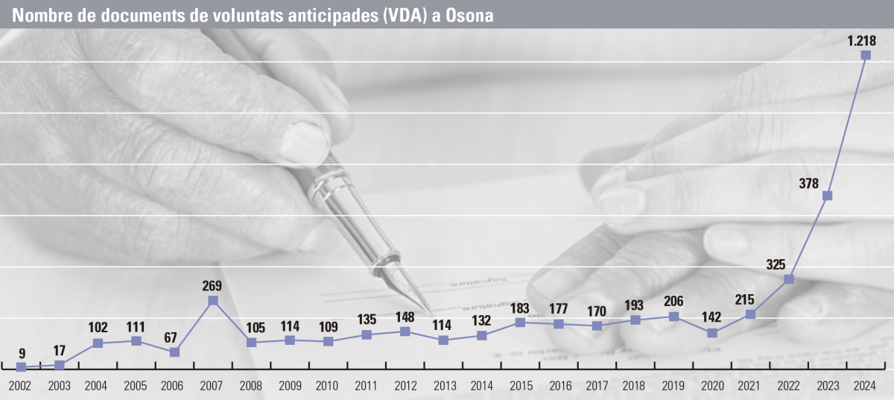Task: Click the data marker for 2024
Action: coord(866,55)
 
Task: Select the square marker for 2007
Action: coord(213,300)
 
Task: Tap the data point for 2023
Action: coord(827,196)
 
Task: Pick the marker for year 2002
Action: coord(22,366)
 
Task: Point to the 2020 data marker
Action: coord(712,333)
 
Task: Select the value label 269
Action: coord(212,285)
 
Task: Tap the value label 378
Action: coord(809,183)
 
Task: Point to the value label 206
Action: coord(673,302)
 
